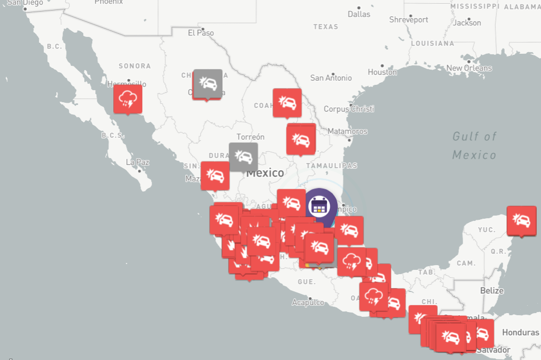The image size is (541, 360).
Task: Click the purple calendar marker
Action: coord(319,205)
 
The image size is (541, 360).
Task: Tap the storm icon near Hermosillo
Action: coord(128,99)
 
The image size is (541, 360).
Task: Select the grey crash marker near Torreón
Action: coord(243,156)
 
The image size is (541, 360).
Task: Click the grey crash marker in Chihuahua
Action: coord(208,83)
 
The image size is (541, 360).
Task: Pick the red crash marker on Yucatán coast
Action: coord(521,220)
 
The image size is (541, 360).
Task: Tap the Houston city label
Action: coord(382,72)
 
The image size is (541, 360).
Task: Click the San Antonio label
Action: coord(331,78)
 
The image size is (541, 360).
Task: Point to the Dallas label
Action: coord(359,14)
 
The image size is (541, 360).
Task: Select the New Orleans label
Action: coord(469,68)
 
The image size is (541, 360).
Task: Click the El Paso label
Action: coord(201,33)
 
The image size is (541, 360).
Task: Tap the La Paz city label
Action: coord(137,162)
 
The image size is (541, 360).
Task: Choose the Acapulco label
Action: coord(308,303)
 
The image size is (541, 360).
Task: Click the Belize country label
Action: coord(491,290)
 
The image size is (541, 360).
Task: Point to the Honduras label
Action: coord(520,333)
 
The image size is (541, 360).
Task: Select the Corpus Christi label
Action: coord(349,109)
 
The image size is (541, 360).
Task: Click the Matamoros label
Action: coord(348,131)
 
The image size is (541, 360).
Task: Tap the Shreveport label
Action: coord(409,20)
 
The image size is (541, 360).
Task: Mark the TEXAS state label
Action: coord(326,27)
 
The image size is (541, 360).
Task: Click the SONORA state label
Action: coord(134,66)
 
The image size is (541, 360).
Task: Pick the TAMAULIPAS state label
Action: coord(328,166)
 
